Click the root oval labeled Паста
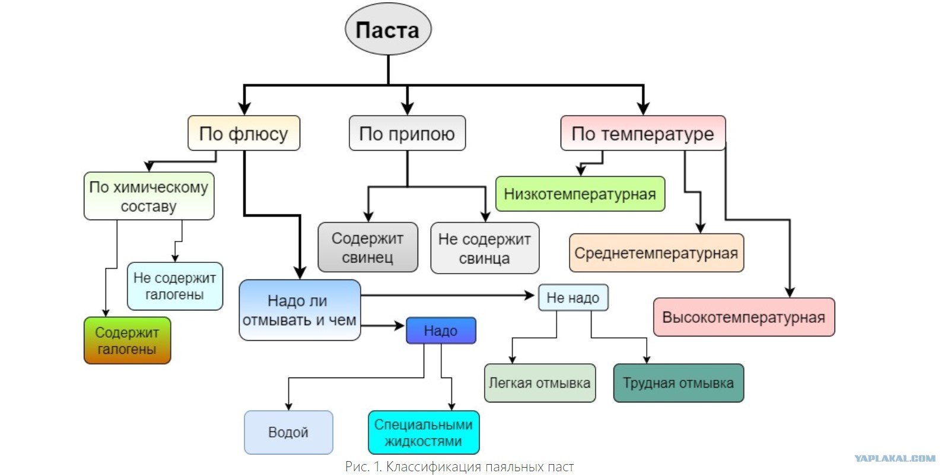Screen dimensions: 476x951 click(x=388, y=30)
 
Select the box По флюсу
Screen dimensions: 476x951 click(x=244, y=134)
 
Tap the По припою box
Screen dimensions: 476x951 click(x=407, y=134)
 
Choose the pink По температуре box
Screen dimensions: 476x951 click(x=643, y=134)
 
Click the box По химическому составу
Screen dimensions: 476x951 click(x=149, y=196)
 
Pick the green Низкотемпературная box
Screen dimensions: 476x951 click(x=580, y=194)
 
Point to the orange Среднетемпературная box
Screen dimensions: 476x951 click(x=656, y=253)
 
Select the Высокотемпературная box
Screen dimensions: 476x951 click(x=744, y=318)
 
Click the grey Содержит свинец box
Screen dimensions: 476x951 click(x=368, y=247)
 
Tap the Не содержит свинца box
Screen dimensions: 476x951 click(x=485, y=248)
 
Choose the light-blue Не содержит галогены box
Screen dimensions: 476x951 click(x=175, y=286)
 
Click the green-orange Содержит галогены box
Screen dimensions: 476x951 click(x=127, y=341)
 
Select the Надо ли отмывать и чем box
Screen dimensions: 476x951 click(x=300, y=310)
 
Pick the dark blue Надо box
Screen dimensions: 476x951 click(x=441, y=331)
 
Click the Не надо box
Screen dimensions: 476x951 click(x=573, y=298)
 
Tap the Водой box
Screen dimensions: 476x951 click(x=288, y=433)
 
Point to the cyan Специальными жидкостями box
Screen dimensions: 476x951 click(x=424, y=433)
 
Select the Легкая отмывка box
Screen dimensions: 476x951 click(x=540, y=383)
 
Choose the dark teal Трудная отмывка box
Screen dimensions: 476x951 click(x=678, y=383)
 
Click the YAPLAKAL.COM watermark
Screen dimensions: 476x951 click(x=895, y=458)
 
